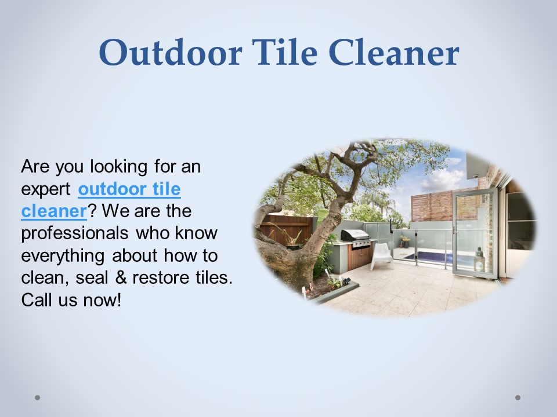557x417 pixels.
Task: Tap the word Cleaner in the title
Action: point(394,53)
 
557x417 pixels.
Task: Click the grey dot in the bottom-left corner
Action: point(38,397)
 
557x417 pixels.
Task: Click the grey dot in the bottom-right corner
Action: point(518,397)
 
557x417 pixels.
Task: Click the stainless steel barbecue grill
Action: point(355,237)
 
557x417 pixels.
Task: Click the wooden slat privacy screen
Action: point(432,205)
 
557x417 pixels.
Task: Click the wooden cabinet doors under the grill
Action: point(359,257)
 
